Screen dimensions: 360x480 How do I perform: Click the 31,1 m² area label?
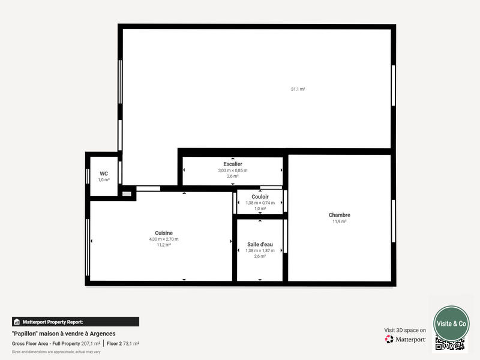click(298, 89)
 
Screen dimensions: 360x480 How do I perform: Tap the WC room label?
click(104, 173)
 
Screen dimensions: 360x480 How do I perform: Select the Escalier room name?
click(232, 164)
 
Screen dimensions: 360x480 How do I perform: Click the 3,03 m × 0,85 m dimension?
click(232, 170)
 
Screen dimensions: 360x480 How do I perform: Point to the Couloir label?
click(260, 197)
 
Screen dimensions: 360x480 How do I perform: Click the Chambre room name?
click(339, 215)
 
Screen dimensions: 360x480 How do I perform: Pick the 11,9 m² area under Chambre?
click(339, 221)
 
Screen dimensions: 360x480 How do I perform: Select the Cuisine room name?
click(164, 233)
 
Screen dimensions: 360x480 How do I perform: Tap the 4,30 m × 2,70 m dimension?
click(164, 239)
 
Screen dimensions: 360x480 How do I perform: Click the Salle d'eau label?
click(260, 244)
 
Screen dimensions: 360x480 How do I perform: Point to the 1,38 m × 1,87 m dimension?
click(260, 250)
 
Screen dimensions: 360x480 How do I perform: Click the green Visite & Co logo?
click(451, 323)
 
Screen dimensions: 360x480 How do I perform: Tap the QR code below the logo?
click(450, 344)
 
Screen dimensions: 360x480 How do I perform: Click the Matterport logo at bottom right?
click(406, 339)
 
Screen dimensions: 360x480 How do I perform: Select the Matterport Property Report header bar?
click(76, 322)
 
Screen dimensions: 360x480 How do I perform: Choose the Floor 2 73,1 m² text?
click(123, 343)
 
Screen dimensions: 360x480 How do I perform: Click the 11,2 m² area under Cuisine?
click(164, 245)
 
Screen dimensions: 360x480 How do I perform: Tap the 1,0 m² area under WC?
click(104, 179)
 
